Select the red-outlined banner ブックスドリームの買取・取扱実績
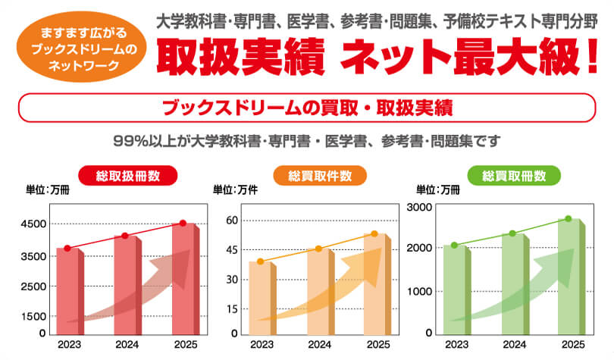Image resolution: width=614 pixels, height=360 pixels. pos(307,107)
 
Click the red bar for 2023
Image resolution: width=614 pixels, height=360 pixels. pos(68,292)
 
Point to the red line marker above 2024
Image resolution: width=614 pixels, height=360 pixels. pos(126,236)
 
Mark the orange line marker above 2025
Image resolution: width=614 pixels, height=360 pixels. pos(374,233)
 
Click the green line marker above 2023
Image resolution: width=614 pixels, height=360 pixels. pos(454,245)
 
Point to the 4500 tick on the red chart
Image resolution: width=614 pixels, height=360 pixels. pos(33,224)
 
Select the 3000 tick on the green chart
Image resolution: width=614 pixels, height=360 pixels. pos(419,207)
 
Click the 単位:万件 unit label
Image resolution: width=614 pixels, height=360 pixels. pos(236,190)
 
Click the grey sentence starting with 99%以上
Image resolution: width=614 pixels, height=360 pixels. pos(306,141)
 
